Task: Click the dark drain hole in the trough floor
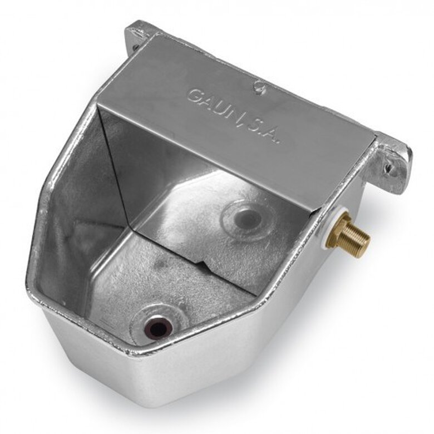point(158,327)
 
